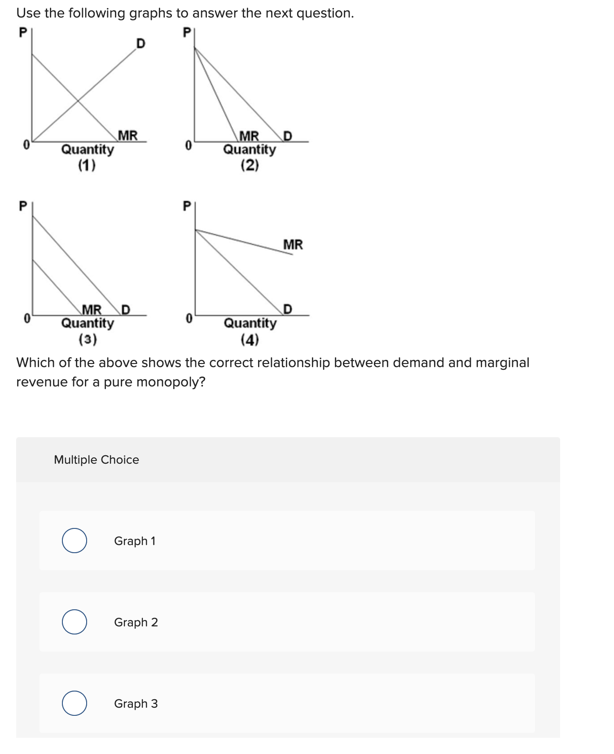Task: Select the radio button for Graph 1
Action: tap(75, 541)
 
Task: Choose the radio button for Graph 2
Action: tap(75, 622)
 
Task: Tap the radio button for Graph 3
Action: tap(75, 703)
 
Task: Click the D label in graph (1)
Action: tap(140, 44)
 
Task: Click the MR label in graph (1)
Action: tap(128, 135)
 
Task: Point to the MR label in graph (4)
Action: tap(293, 245)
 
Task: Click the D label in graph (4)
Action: tap(288, 309)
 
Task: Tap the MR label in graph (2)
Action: tap(249, 135)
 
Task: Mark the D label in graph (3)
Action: tap(125, 310)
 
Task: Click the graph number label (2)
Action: tap(250, 166)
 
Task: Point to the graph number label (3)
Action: tap(88, 339)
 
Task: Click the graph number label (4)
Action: tap(250, 340)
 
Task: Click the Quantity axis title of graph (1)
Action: tap(88, 149)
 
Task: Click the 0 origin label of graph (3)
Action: tap(27, 319)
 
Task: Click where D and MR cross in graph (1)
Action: tap(79, 100)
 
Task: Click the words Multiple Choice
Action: tap(96, 460)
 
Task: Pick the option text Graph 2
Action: tap(136, 622)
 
